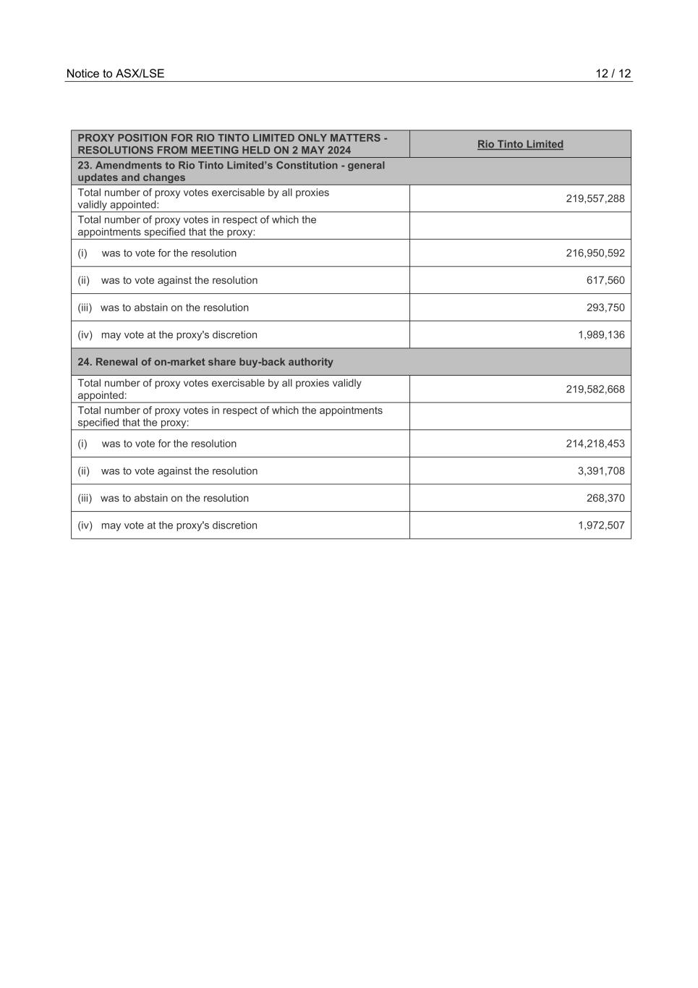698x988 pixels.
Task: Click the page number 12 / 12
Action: pos(613,74)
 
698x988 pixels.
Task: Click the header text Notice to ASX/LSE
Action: pos(115,74)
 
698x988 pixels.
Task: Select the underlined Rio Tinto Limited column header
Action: pos(520,144)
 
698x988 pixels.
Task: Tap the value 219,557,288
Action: pos(595,198)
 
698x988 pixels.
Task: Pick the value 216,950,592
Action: pos(595,253)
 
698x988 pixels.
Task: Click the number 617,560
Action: pos(605,280)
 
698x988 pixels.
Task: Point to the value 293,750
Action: pos(605,308)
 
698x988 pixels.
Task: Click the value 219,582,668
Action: pos(595,389)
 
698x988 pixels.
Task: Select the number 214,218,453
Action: pos(595,444)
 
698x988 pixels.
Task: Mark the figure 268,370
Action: pos(605,498)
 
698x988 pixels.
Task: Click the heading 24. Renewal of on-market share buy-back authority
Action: pos(205,362)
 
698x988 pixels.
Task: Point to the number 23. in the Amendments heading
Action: pos(85,165)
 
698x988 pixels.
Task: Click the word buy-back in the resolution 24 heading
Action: pos(265,362)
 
